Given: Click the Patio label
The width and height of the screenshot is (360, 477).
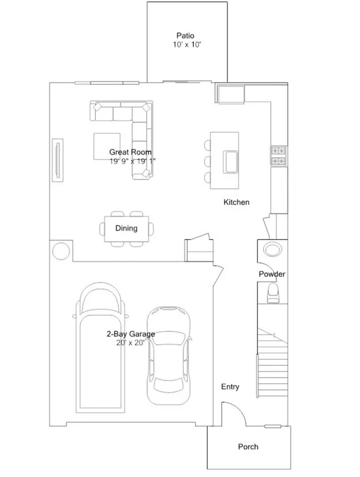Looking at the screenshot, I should point(186,35).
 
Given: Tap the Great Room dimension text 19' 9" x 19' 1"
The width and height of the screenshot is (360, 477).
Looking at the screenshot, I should point(133,161).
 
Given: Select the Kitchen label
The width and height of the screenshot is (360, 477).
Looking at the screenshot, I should point(236,202).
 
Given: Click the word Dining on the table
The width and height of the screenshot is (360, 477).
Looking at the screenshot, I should point(126,228).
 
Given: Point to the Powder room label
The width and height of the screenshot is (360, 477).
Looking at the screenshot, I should point(272,274).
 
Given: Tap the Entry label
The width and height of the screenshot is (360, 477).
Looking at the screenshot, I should point(230,387).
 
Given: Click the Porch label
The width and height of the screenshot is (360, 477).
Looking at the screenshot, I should point(248,447).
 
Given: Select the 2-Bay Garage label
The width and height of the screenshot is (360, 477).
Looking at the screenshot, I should point(131,334).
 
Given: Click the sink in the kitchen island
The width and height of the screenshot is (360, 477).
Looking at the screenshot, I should point(231,161).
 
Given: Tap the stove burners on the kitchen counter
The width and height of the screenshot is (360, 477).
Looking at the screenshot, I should point(278,156).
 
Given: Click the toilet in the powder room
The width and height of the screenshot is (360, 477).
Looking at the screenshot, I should point(274,293).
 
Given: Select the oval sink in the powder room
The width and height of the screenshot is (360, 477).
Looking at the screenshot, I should point(272,249).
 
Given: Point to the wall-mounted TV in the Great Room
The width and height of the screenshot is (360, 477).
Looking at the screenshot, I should point(58,161).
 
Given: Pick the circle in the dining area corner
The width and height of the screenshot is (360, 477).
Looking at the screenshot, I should point(60,250).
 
